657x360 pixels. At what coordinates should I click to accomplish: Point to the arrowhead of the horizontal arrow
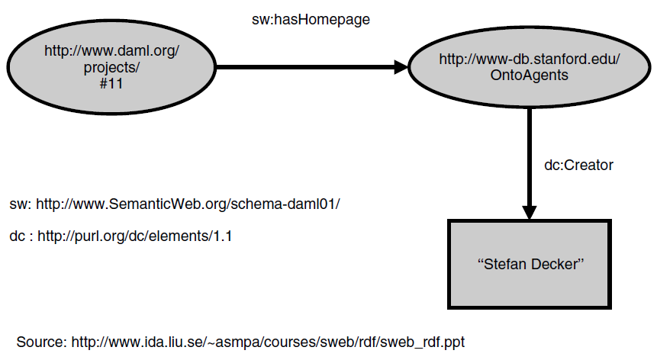coord(401,68)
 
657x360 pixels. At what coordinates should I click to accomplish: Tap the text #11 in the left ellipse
coord(111,83)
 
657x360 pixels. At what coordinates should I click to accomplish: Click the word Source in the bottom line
coord(40,341)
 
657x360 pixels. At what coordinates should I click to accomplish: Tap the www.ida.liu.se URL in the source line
coord(268,341)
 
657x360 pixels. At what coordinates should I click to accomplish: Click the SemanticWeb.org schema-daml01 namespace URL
coord(188,205)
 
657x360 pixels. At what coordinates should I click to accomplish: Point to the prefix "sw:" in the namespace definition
coord(19,205)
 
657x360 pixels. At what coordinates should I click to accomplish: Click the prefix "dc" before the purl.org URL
coord(17,236)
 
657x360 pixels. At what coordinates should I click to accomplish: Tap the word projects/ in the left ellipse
coord(111,67)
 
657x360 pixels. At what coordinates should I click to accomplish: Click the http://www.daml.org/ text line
coord(111,52)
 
